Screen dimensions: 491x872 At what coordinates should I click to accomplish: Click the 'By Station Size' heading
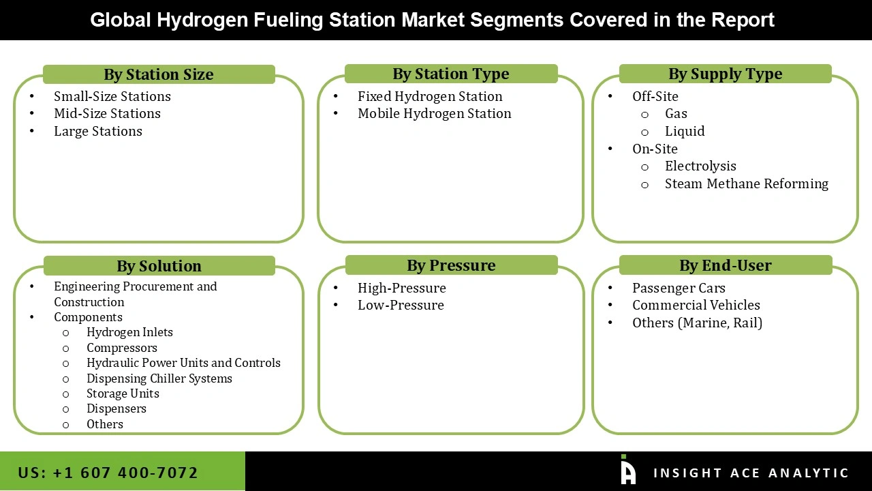(x=158, y=74)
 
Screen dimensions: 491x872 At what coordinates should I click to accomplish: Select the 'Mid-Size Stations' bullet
(x=107, y=114)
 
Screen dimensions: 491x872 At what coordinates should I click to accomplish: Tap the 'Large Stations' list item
(x=98, y=132)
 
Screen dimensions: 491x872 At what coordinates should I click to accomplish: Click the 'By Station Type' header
(x=450, y=74)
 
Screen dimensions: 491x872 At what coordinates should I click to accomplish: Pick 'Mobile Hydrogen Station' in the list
(x=434, y=114)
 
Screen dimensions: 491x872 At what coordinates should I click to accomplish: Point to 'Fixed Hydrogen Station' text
(x=430, y=97)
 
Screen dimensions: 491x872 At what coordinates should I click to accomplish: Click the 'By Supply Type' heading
(x=725, y=74)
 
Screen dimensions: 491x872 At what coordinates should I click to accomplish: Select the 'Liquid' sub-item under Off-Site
(x=685, y=132)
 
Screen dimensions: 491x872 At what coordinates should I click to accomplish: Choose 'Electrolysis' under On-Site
(x=700, y=166)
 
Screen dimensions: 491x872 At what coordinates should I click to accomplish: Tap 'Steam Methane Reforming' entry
(x=746, y=184)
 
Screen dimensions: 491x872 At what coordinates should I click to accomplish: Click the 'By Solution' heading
(x=159, y=266)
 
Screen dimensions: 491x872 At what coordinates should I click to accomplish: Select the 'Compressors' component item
(x=121, y=348)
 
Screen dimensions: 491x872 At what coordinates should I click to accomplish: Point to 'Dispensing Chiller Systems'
(x=159, y=378)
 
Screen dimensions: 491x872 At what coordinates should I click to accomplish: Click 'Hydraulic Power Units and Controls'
(x=183, y=363)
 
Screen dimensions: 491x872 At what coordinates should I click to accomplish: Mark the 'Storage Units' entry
(x=123, y=393)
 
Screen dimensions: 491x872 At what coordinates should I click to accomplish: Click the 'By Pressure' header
(x=451, y=265)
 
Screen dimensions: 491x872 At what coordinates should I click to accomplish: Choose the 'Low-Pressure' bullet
(x=401, y=306)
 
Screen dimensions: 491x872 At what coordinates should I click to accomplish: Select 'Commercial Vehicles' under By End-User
(x=696, y=306)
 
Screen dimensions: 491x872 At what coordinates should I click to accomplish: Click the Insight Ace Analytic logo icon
(x=627, y=471)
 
